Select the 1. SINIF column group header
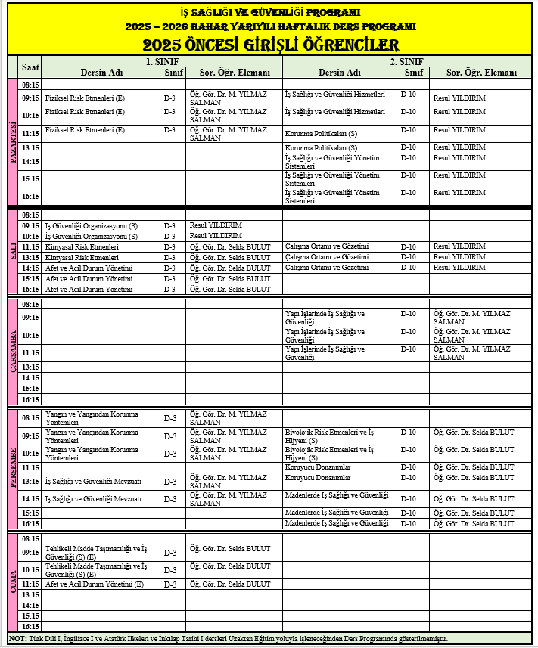click(x=162, y=61)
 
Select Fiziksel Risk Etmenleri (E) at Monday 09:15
click(x=85, y=98)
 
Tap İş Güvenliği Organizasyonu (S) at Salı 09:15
click(x=92, y=226)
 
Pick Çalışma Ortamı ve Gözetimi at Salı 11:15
click(x=326, y=246)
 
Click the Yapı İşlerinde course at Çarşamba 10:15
click(x=325, y=335)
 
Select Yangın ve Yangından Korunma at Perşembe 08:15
click(x=92, y=417)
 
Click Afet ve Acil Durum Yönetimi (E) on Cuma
click(x=95, y=584)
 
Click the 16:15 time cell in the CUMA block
click(x=30, y=627)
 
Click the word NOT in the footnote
click(x=17, y=639)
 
